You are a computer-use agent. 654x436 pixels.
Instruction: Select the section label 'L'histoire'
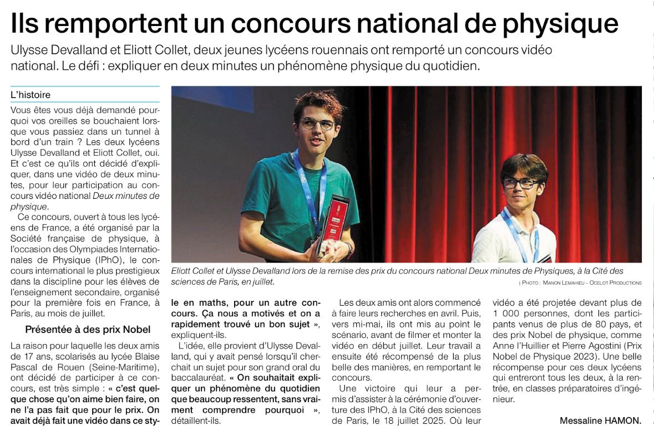pos(31,95)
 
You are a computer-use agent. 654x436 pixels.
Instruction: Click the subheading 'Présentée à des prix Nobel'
pos(88,330)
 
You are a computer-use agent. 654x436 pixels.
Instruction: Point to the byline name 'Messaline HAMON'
pos(600,421)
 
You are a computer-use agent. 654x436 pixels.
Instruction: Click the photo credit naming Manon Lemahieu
pos(580,283)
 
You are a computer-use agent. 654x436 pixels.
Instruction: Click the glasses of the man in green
pos(317,124)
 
